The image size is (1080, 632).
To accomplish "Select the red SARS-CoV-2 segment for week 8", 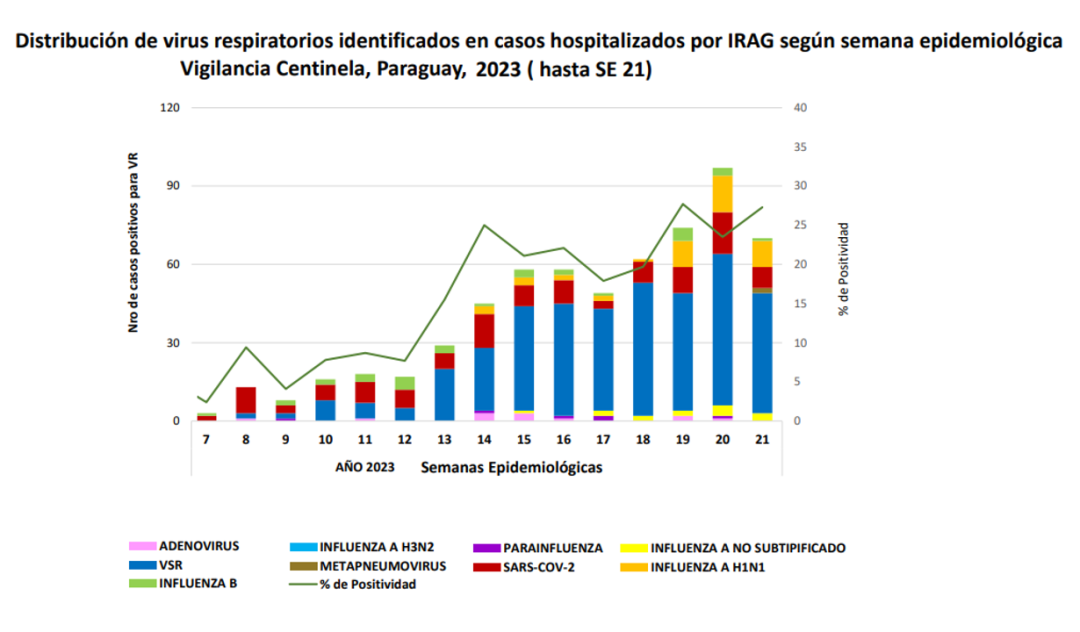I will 245,399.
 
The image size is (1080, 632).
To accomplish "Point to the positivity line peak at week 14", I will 484,225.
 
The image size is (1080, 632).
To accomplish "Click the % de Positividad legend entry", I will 367,585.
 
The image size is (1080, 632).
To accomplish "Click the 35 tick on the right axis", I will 800,147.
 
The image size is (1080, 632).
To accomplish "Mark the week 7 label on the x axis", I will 206,441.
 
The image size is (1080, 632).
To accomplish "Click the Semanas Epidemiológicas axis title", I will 511,467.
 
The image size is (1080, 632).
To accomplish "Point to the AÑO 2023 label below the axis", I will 366,467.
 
